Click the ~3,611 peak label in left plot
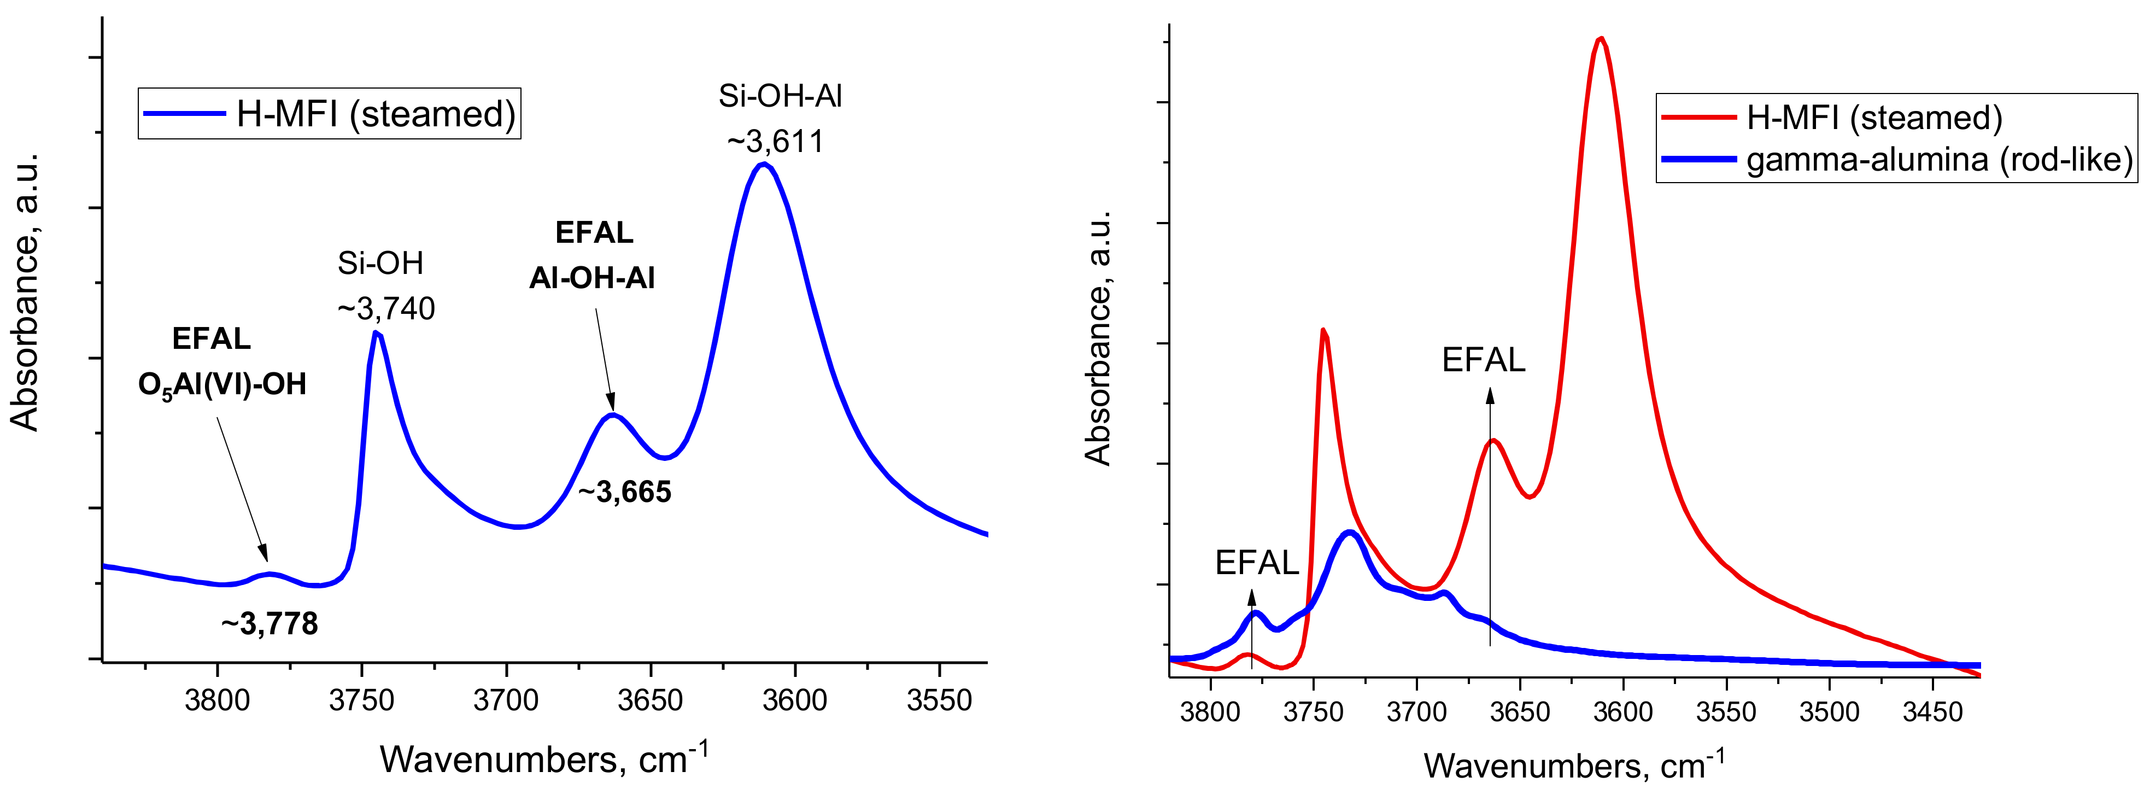point(775,142)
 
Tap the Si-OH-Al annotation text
point(781,97)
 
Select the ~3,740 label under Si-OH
point(385,309)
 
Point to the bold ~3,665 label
point(624,493)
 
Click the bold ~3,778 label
point(270,624)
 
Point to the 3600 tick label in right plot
point(1622,712)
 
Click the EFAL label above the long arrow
point(1483,360)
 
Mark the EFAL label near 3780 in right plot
point(1256,563)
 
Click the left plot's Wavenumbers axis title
point(543,758)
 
